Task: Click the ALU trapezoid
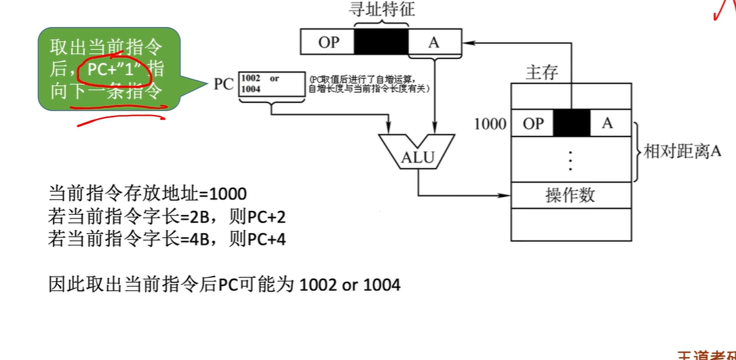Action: point(415,155)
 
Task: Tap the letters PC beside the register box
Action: point(225,85)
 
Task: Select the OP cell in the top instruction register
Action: point(328,42)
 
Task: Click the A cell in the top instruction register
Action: point(434,42)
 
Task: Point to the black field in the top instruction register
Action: point(382,42)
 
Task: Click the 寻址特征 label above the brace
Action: point(382,9)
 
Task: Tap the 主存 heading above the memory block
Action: point(543,72)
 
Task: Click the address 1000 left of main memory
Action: point(490,124)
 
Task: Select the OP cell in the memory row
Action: point(533,123)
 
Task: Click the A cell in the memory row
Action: point(607,123)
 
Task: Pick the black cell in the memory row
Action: point(572,123)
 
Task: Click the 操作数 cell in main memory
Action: point(570,195)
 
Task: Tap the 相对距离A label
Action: point(681,152)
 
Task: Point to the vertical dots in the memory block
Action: point(570,159)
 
